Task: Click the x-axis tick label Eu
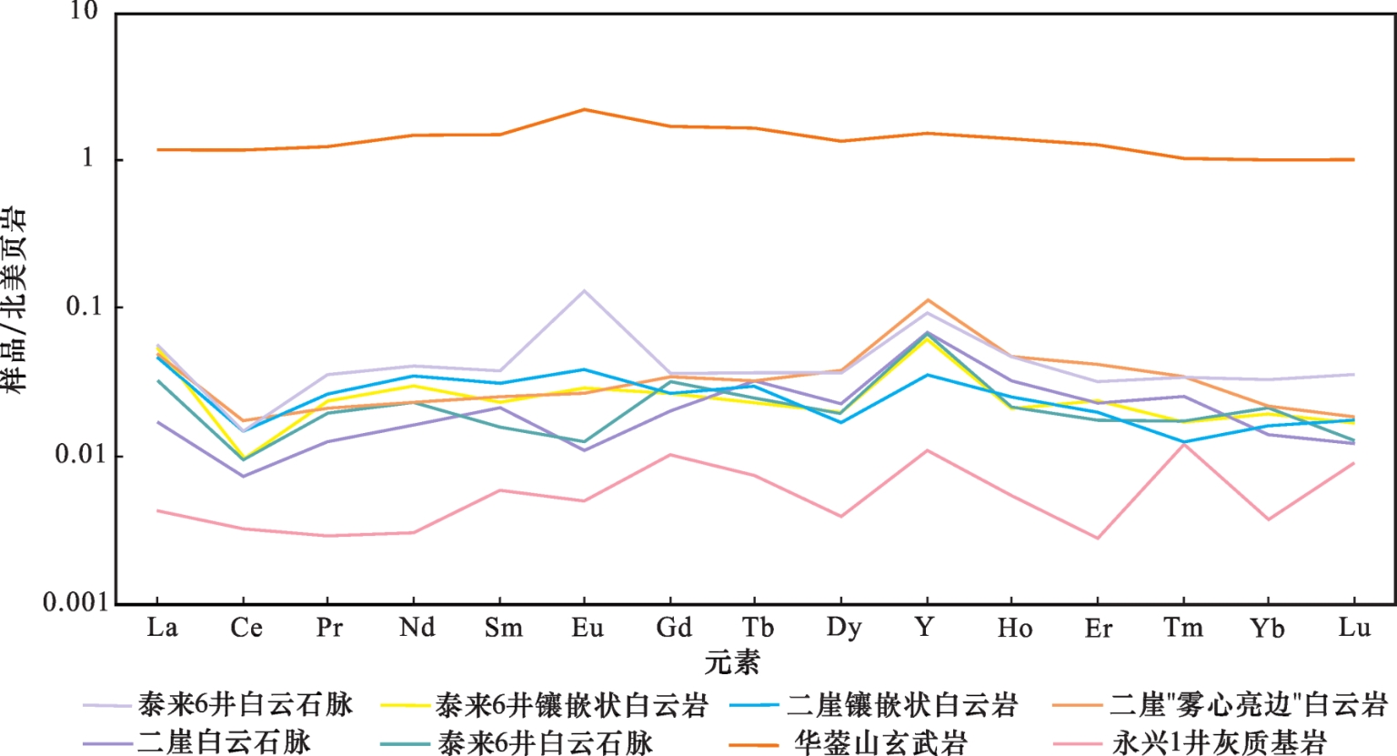(587, 628)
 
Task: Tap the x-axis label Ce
(246, 628)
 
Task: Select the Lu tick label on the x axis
(1354, 628)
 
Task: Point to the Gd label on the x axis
(673, 628)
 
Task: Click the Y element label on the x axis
(925, 628)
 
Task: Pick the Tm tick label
(1183, 628)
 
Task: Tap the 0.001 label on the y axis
(75, 602)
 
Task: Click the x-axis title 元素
(731, 662)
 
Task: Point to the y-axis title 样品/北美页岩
(15, 300)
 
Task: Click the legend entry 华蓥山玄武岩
(880, 742)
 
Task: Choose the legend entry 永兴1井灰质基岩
(1219, 742)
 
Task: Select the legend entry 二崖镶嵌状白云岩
(901, 704)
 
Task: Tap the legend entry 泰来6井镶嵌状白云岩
(570, 704)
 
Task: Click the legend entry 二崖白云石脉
(224, 742)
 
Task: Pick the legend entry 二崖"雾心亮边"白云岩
(1248, 704)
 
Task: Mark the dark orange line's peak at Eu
(584, 109)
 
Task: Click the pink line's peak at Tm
(1183, 444)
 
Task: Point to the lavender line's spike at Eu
(584, 291)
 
